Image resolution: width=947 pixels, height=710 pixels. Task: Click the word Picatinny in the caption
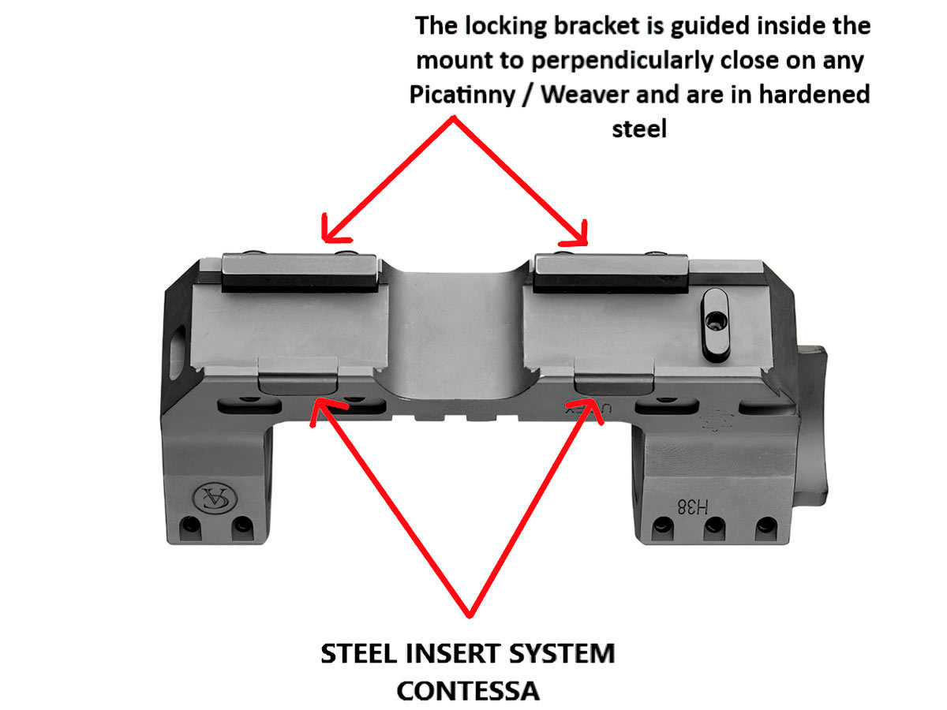[462, 95]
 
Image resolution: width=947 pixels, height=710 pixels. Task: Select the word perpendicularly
[622, 61]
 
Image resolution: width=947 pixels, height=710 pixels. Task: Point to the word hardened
[814, 94]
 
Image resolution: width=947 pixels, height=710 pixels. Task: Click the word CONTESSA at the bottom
[468, 691]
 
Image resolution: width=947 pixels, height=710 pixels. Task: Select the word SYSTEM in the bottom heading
[562, 653]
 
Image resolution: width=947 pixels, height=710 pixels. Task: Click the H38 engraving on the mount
[692, 507]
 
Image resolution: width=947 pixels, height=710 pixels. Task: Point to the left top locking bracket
[300, 273]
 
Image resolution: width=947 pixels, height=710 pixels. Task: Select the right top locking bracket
[610, 274]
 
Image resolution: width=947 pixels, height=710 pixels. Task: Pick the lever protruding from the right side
[811, 426]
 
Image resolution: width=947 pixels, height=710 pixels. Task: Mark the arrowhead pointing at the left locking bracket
[335, 230]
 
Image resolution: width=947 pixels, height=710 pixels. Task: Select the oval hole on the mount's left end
[177, 352]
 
